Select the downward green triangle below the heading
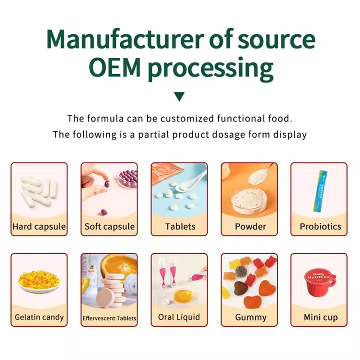(179, 96)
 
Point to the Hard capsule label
(39, 226)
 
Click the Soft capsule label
(109, 226)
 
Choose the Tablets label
(180, 226)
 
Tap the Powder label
(250, 226)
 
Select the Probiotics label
(320, 226)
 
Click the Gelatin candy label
(39, 317)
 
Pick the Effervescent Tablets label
(109, 318)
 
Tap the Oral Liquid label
(179, 317)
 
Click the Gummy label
(250, 317)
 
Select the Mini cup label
(320, 317)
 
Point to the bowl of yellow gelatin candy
(38, 281)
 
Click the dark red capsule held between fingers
(106, 184)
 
